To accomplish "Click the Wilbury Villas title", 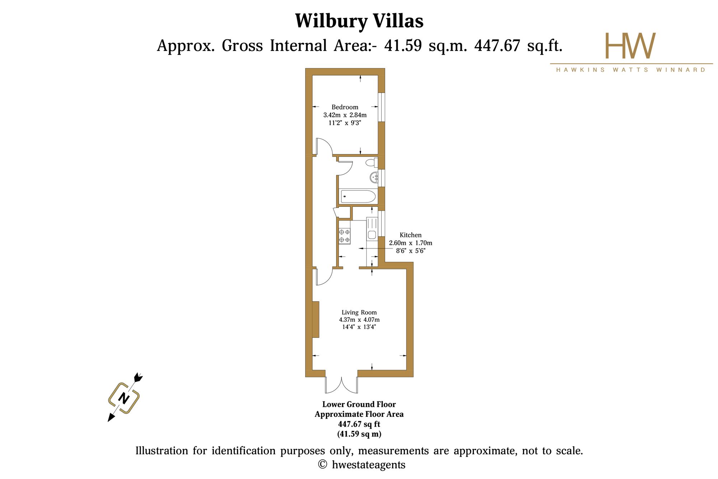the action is point(359,21).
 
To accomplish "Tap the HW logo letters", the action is point(630,46).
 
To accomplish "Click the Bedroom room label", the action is point(345,107).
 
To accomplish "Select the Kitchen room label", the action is point(411,235).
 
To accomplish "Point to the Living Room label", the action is point(359,312).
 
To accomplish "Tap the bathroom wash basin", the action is point(374,177).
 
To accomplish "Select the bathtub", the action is point(358,196).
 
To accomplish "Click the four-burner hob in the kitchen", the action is point(344,236).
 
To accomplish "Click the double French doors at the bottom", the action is point(342,385).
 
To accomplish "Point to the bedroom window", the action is point(382,107).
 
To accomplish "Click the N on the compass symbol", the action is point(124,398).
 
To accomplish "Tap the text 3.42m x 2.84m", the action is point(345,115).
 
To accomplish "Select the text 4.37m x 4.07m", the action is point(359,320).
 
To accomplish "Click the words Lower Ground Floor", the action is point(359,404).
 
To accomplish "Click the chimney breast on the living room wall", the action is point(316,319).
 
